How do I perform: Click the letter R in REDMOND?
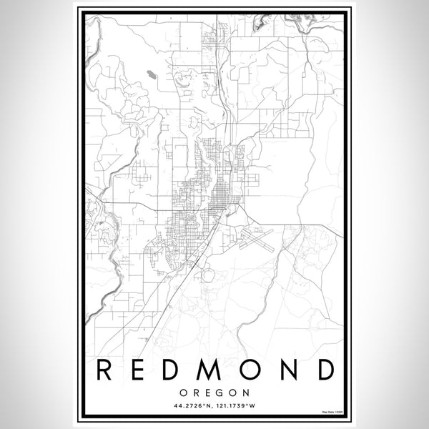(x=103, y=370)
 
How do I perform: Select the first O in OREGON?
(x=184, y=392)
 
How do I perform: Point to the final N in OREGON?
(x=246, y=392)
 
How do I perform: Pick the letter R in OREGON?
(x=195, y=392)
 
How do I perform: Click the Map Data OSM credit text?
(x=332, y=413)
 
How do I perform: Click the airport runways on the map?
(x=254, y=237)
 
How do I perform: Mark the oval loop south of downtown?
(x=208, y=275)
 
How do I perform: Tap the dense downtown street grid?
(x=214, y=193)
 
